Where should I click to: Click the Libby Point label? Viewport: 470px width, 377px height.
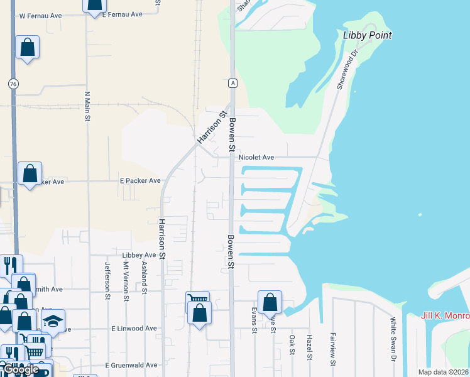[x=368, y=35]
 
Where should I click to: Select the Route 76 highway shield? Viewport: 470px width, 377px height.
[x=13, y=84]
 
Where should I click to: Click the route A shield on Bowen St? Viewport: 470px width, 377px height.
[x=232, y=83]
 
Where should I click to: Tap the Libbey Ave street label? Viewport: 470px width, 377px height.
[x=139, y=255]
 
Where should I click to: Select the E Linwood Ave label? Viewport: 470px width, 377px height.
[x=134, y=329]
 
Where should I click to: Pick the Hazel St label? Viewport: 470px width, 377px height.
[x=309, y=347]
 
